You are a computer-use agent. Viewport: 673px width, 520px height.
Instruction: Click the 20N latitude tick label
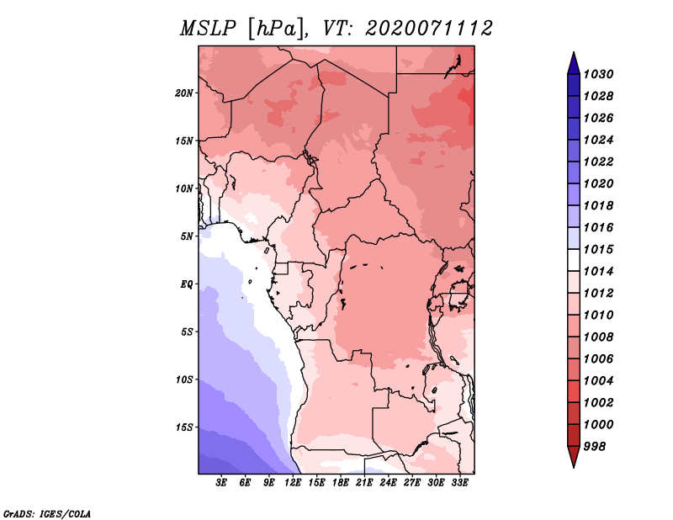184,93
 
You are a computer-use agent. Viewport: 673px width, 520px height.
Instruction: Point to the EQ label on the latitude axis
187,284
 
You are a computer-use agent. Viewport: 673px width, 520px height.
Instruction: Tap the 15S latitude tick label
184,427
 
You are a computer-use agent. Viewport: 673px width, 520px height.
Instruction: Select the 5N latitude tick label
187,236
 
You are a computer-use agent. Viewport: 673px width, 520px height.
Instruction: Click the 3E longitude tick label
221,483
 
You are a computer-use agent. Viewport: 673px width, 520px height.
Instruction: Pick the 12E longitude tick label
293,483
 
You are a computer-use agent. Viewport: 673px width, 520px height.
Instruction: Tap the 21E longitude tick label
364,483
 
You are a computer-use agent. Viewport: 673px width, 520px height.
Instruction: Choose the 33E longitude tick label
459,483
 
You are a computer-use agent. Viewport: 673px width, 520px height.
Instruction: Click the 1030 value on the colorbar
599,74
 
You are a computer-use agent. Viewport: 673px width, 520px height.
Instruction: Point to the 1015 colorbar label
599,249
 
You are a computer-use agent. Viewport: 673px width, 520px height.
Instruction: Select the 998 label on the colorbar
595,447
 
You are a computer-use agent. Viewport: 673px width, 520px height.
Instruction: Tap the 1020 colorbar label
599,183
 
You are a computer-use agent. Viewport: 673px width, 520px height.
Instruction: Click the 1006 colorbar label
599,359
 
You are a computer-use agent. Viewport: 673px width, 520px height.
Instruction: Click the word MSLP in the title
208,29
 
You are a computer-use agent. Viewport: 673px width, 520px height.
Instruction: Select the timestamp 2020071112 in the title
429,29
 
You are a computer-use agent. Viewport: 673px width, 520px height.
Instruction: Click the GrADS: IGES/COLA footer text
47,514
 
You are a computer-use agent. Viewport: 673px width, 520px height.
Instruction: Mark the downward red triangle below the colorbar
574,455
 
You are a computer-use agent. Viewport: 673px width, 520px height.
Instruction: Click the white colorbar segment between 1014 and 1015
574,260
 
